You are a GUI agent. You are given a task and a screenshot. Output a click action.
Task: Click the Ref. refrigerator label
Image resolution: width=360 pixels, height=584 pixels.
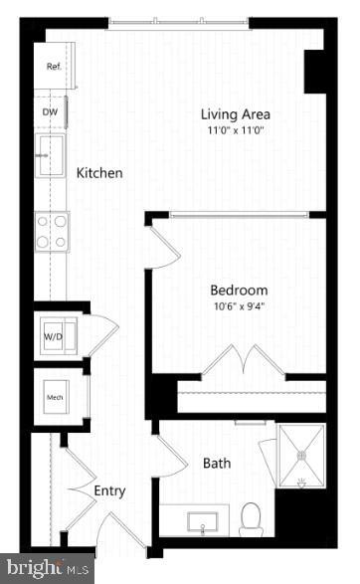[x=54, y=67]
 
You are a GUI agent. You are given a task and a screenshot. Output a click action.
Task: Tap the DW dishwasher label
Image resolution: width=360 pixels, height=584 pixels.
[x=50, y=112]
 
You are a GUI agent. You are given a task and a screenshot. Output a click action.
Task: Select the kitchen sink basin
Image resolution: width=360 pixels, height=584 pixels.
[x=51, y=156]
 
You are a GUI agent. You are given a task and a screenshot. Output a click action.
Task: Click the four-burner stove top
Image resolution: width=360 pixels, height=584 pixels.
[x=51, y=231]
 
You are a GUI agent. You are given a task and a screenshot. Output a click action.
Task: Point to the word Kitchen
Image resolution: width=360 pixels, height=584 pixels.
[x=99, y=173]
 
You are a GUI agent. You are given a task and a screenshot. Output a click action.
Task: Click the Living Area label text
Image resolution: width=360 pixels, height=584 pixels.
[x=236, y=113]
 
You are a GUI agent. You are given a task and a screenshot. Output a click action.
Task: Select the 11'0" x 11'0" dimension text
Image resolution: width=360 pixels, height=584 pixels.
[x=236, y=130]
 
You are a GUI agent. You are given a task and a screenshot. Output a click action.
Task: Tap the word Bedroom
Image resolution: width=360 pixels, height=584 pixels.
[x=239, y=290]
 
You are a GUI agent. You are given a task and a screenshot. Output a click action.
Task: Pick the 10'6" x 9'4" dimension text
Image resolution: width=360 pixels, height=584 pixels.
[x=239, y=306]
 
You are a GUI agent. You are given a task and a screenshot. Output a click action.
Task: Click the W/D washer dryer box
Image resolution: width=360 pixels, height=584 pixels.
[x=52, y=336]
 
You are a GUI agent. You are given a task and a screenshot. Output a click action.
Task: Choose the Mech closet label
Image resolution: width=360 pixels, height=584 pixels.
[x=54, y=398]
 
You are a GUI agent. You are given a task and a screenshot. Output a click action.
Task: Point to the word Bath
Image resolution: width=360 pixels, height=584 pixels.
[x=217, y=463]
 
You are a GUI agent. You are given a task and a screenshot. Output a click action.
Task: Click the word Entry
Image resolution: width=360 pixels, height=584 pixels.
[x=109, y=490]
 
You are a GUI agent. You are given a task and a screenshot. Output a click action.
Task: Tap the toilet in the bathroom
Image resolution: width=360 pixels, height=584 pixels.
[x=251, y=517]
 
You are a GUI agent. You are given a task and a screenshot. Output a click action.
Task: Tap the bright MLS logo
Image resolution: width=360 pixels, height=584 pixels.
[x=47, y=568]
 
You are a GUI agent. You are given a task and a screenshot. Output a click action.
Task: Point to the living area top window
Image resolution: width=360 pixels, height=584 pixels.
[x=178, y=24]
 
